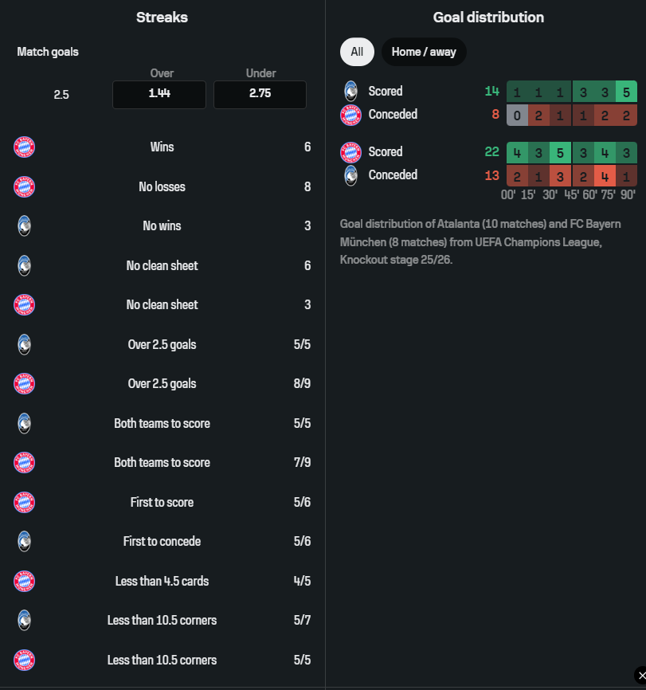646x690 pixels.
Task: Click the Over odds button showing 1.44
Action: coord(159,94)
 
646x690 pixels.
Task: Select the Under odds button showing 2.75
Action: coord(260,94)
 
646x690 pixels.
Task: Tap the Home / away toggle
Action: coord(424,52)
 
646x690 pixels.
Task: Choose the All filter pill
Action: coord(357,52)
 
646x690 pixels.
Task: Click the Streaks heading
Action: coord(162,17)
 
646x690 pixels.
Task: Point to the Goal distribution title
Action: coord(488,17)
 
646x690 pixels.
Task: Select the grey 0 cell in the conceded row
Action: coord(517,115)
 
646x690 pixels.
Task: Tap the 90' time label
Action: coord(628,194)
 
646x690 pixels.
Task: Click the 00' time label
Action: coord(508,194)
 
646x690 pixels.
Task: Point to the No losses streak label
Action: coord(162,187)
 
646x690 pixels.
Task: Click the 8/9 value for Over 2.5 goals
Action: coord(302,384)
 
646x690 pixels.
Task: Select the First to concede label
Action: coord(162,542)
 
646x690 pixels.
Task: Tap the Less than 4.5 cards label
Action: coord(162,581)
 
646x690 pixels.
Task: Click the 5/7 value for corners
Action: coord(302,620)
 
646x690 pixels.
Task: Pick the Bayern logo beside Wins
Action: coord(25,147)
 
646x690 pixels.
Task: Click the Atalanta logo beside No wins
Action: coord(25,226)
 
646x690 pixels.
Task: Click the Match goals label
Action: coord(48,52)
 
